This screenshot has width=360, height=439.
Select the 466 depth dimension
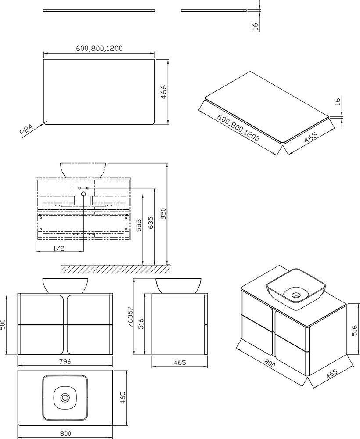(x=163, y=92)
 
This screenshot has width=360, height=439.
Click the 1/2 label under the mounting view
(x=59, y=248)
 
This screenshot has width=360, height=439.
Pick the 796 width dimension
(x=65, y=361)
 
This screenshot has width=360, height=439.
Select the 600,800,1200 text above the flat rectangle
(x=99, y=48)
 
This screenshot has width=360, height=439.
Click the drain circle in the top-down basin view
(x=65, y=397)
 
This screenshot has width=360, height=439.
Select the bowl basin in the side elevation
(x=178, y=285)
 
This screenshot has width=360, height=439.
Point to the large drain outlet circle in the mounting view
(x=83, y=194)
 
